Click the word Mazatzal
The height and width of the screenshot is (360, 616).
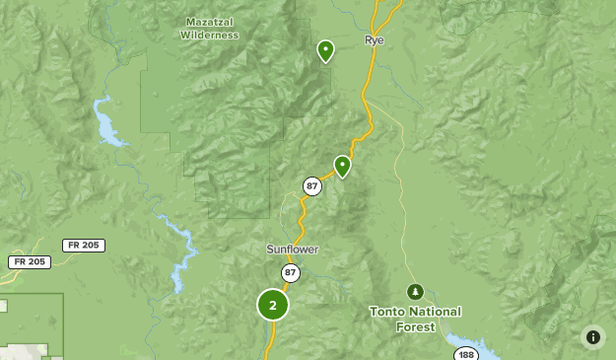point(209,21)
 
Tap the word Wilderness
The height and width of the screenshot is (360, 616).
point(209,35)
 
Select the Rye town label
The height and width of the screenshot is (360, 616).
point(374,40)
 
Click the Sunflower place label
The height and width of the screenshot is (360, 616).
point(292,250)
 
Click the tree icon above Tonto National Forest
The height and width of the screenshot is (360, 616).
point(415,291)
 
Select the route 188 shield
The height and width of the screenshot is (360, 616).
point(465,354)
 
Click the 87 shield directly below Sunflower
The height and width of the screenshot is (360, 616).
point(290,272)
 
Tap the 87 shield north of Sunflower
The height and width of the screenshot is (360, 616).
point(311,185)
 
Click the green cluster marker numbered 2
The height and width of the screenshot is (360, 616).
point(273,305)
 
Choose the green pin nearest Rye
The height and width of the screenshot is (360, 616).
point(325,50)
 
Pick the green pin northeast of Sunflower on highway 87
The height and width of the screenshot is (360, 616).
point(342,166)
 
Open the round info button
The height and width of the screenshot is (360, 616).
point(592,337)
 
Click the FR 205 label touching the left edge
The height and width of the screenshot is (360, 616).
point(29,261)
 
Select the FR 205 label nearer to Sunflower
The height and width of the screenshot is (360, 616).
point(84,245)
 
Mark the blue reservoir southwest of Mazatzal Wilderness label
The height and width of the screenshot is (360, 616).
point(107,123)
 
